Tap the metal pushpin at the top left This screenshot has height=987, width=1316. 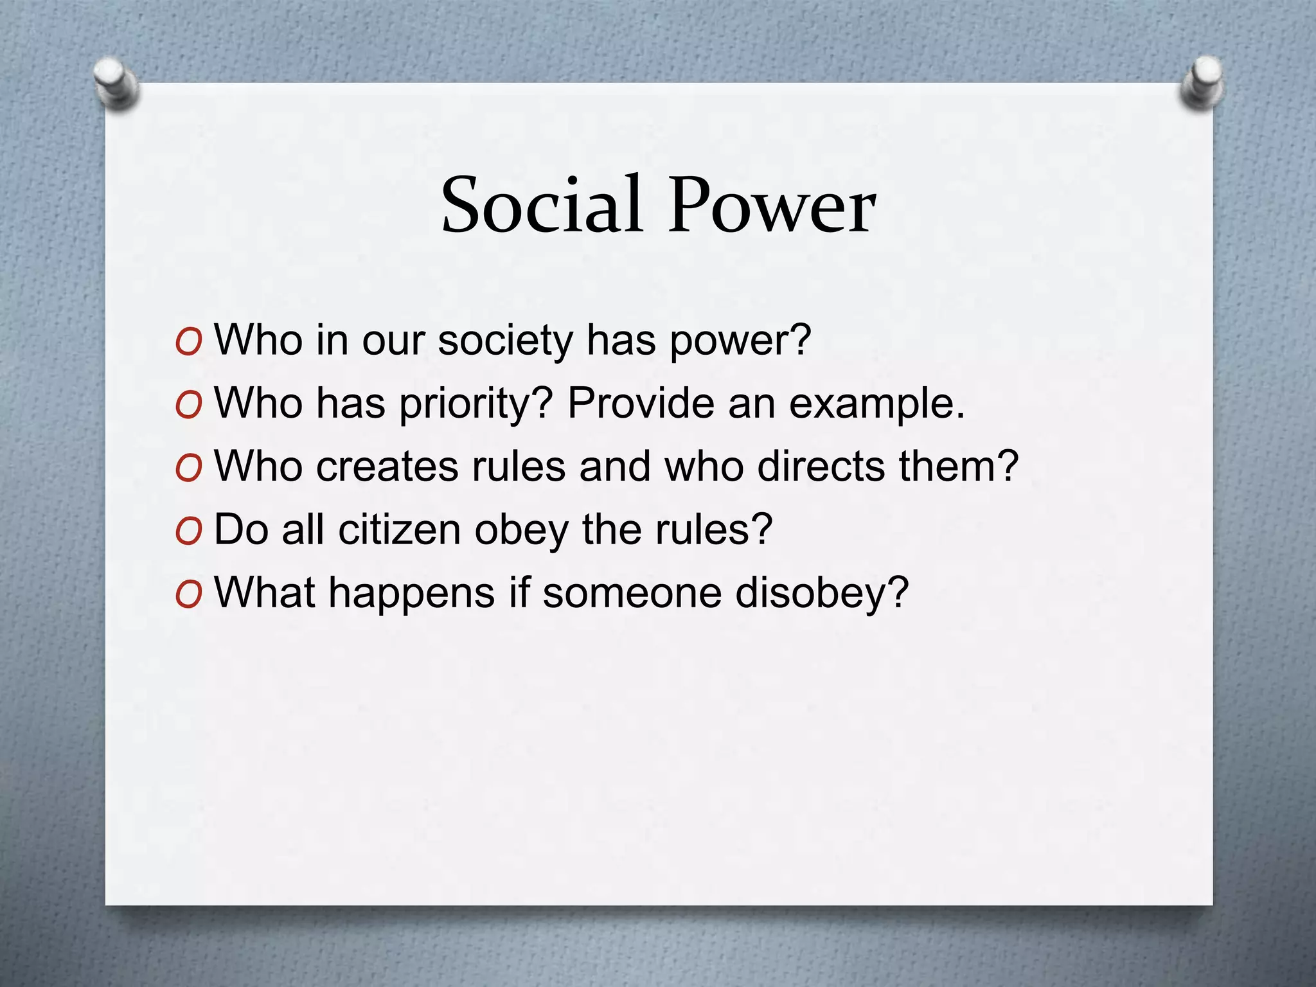[116, 84]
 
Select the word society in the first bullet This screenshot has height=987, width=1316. [504, 341]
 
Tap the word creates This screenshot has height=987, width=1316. [386, 466]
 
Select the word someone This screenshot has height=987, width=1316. [632, 592]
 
